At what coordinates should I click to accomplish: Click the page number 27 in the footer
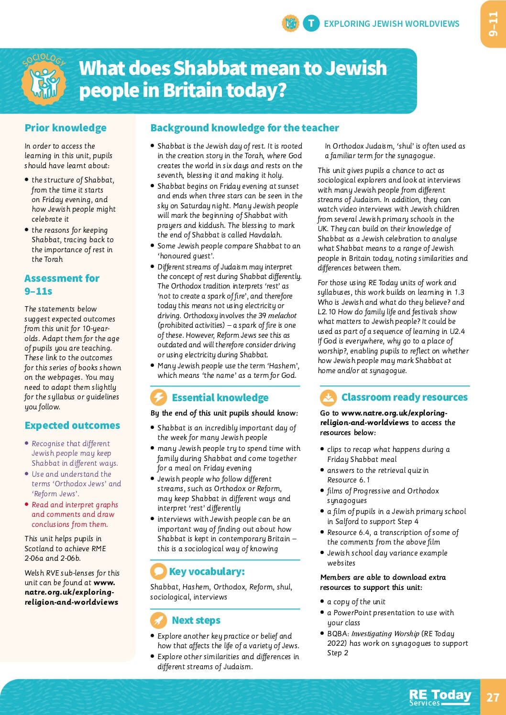[x=493, y=697]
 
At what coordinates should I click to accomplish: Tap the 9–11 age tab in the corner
[x=493, y=24]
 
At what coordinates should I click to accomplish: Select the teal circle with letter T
[x=311, y=23]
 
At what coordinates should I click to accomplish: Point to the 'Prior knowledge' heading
[x=66, y=128]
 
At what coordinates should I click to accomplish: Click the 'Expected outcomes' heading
[x=72, y=425]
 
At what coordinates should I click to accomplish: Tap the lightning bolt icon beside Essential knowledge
[x=158, y=397]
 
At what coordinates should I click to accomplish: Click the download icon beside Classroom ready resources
[x=328, y=397]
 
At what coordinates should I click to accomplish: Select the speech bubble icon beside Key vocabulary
[x=158, y=571]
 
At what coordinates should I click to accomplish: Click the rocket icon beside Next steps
[x=158, y=620]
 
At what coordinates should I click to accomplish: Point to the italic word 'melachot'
[x=282, y=315]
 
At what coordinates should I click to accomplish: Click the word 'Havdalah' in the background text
[x=265, y=235]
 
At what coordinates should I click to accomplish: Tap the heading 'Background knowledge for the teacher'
[x=244, y=128]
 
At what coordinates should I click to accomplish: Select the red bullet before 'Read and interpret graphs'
[x=27, y=504]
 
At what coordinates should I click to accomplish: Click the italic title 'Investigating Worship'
[x=385, y=633]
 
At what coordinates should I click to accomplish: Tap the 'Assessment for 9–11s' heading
[x=62, y=284]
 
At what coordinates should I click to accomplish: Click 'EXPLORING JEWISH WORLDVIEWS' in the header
[x=391, y=23]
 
